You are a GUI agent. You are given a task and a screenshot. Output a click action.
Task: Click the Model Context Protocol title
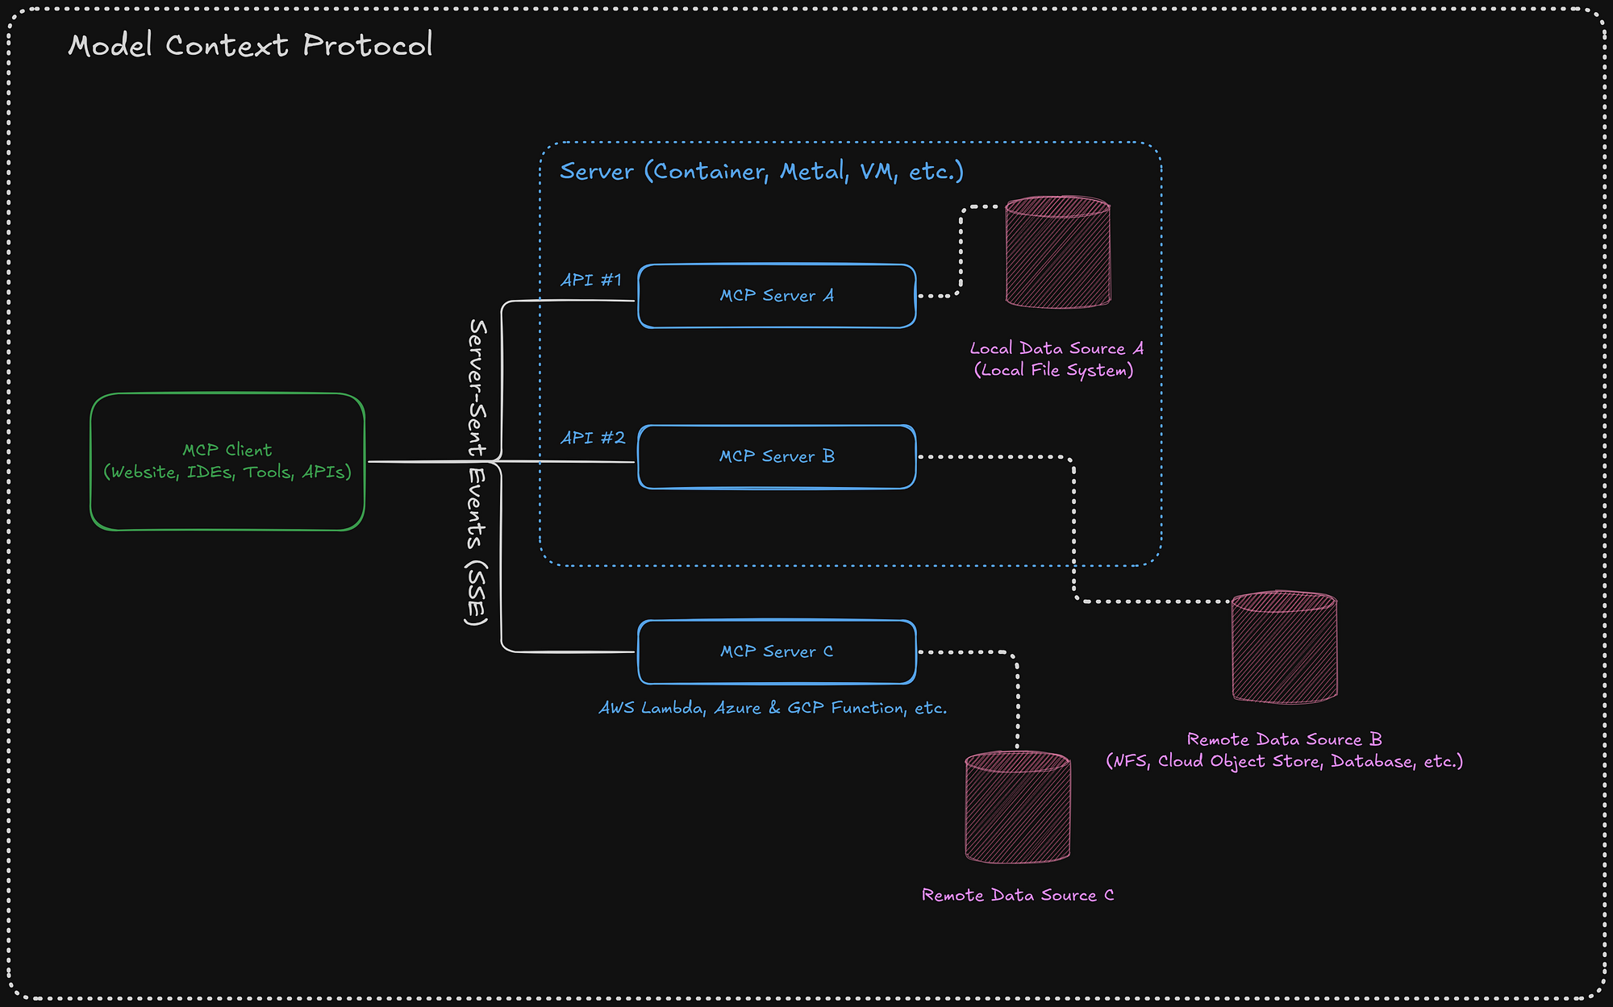[250, 45]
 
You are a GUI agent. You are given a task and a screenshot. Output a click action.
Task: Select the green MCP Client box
[227, 461]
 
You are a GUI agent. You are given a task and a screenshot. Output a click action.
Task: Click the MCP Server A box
[777, 296]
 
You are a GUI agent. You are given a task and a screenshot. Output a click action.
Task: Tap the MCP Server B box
[777, 456]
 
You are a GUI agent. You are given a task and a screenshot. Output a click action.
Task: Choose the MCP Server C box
[777, 651]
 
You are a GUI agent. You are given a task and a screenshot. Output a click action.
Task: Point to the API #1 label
[591, 280]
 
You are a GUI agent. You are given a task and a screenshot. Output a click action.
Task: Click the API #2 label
[593, 437]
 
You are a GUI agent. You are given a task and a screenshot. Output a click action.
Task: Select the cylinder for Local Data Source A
[1057, 252]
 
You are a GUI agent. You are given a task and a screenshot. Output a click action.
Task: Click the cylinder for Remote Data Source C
[1018, 807]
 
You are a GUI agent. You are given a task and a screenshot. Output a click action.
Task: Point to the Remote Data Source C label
[1018, 895]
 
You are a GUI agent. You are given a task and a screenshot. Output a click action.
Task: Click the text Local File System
[1053, 370]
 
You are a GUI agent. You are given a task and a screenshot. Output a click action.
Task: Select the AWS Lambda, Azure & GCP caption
[773, 708]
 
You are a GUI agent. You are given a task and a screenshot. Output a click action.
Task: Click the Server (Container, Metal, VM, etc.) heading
[761, 171]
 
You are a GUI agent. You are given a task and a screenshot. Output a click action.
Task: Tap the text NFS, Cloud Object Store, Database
[1284, 761]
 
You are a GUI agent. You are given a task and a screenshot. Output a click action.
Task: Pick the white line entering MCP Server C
[565, 651]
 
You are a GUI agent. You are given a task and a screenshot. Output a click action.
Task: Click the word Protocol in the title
[368, 45]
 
